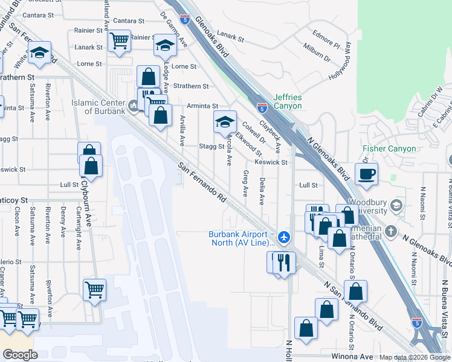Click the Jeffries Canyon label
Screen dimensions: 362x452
click(287, 101)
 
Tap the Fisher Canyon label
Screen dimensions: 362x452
click(389, 148)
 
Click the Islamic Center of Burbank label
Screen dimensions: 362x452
click(98, 107)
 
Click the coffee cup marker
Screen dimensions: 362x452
click(367, 174)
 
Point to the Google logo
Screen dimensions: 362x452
click(20, 355)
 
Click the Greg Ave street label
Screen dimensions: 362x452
click(245, 183)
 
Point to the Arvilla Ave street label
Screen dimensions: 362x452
click(182, 130)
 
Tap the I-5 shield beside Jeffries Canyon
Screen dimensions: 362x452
click(262, 108)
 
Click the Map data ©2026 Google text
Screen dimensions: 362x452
click(415, 357)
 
